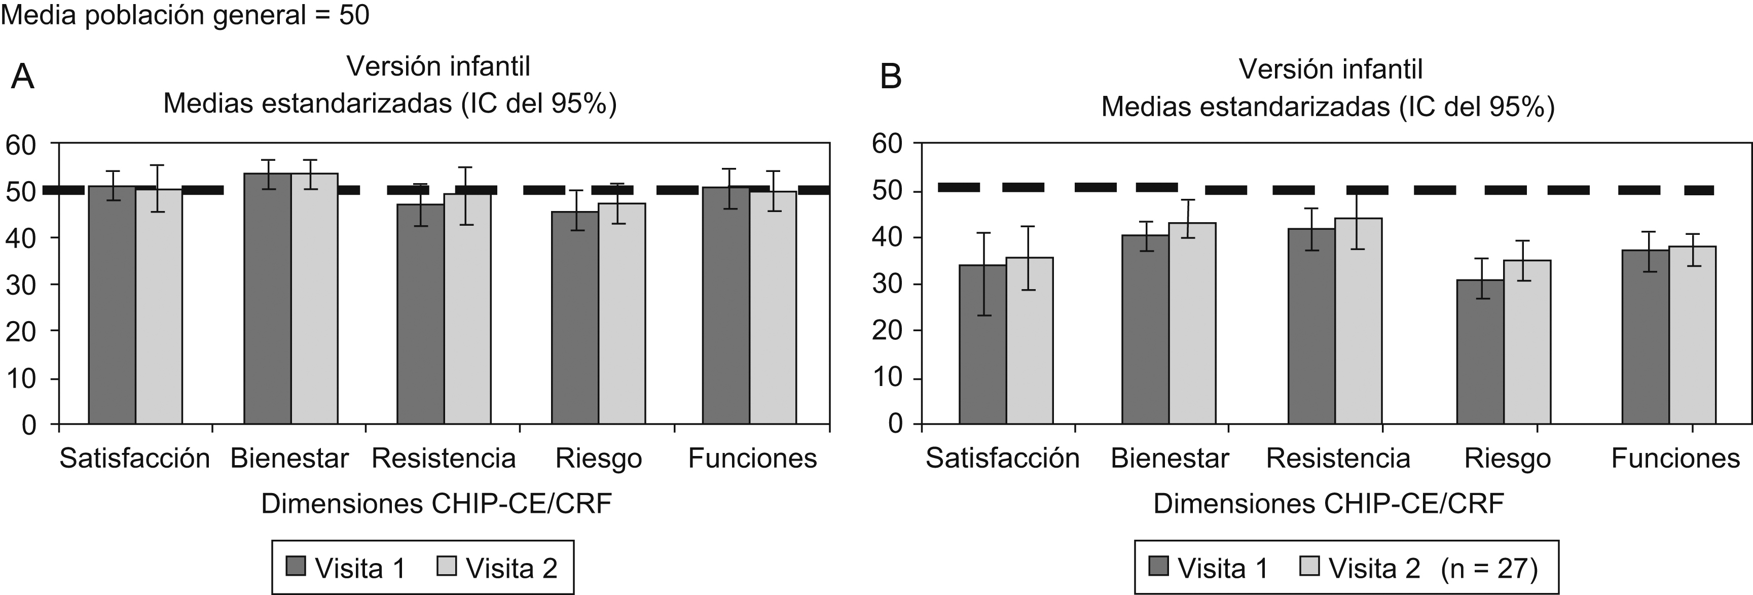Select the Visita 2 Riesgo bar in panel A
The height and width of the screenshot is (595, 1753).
coord(622,313)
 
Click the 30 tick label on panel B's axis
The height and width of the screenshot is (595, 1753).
coord(886,285)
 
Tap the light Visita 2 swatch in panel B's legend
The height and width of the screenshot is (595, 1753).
coord(1310,566)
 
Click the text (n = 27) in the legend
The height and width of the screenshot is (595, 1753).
coord(1489,567)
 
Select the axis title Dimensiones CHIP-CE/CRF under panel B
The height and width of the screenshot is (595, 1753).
coord(1328,504)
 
